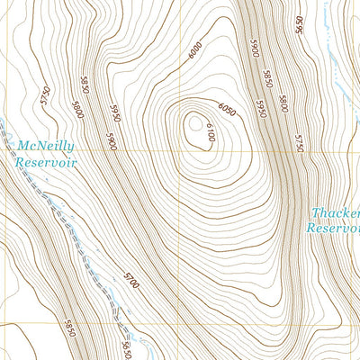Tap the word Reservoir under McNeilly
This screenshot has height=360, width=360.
pyautogui.click(x=45, y=163)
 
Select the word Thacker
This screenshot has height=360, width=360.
pyautogui.click(x=335, y=213)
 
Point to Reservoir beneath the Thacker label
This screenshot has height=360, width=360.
pyautogui.click(x=332, y=229)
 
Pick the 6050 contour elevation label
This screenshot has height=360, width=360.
pyautogui.click(x=226, y=110)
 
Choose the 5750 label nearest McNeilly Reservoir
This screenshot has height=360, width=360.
pyautogui.click(x=42, y=96)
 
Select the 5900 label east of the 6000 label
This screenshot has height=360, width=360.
pyautogui.click(x=256, y=50)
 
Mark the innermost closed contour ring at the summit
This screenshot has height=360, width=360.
pyautogui.click(x=194, y=126)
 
